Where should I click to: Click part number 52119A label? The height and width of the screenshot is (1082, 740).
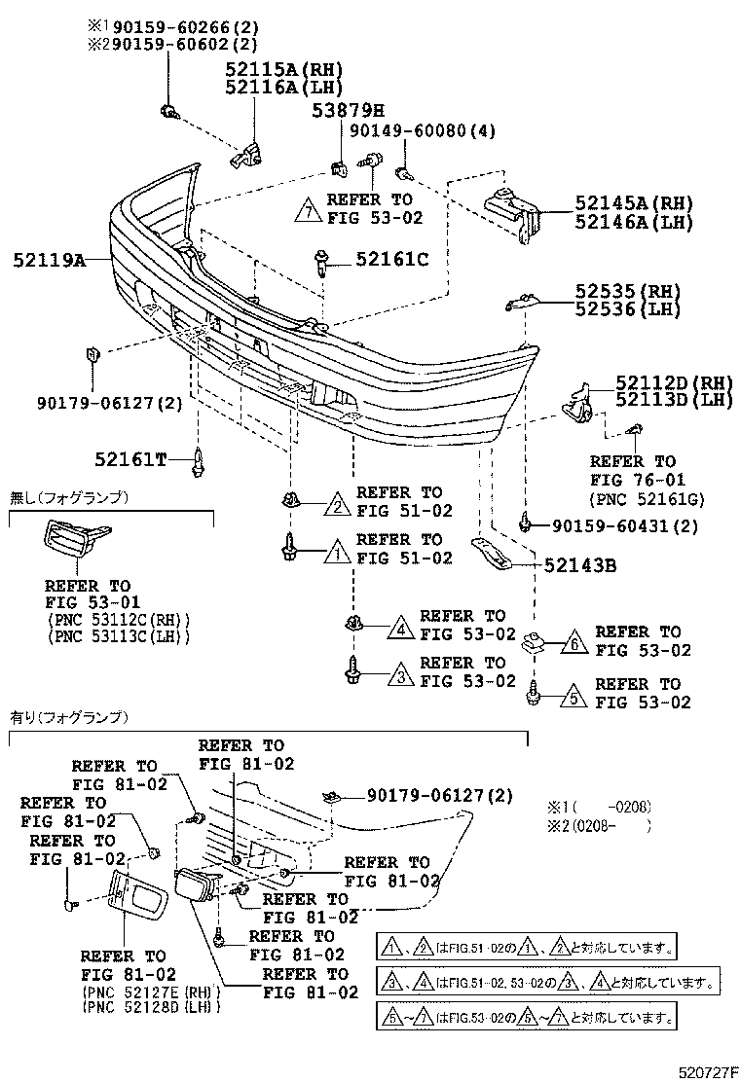click(50, 260)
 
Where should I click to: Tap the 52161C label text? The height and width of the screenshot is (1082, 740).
click(391, 259)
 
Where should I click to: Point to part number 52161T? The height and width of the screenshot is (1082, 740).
click(131, 457)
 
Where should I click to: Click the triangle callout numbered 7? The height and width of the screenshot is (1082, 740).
click(308, 209)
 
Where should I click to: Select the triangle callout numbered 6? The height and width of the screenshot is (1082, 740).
click(575, 642)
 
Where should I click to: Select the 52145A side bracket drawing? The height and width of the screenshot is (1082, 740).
click(509, 208)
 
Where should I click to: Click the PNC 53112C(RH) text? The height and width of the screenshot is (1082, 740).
click(118, 619)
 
